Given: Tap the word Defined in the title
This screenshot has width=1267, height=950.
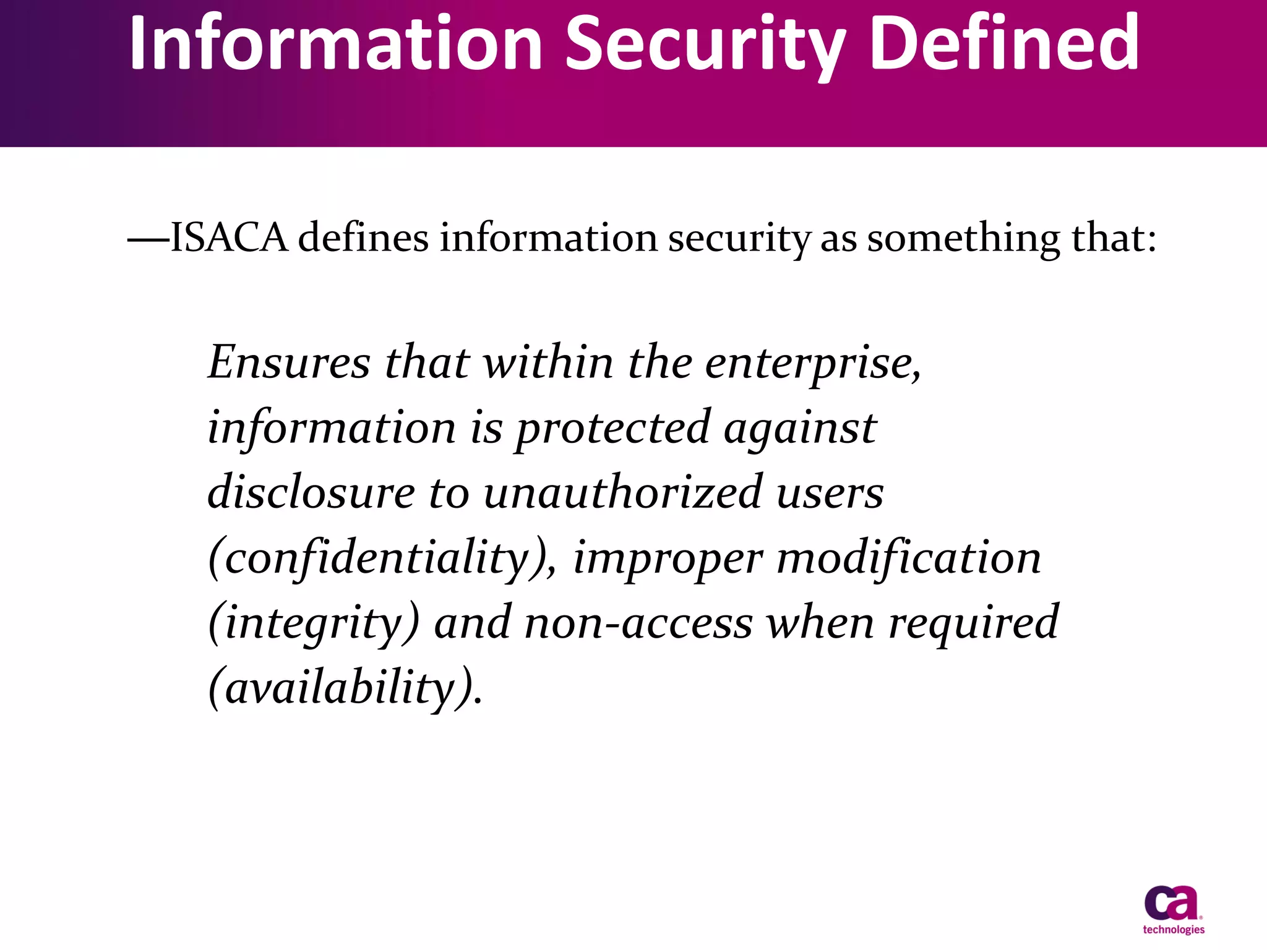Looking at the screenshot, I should pos(1003,43).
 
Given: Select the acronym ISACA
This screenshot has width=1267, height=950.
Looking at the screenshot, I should pos(229,237).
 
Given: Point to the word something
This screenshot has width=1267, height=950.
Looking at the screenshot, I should pos(963,239).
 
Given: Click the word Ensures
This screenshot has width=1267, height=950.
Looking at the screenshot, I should pos(289,362).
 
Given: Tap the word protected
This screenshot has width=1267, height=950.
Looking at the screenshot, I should pos(613,429).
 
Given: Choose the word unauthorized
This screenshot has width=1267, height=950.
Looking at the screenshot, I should pos(622,492).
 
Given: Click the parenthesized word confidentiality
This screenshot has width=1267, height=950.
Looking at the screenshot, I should pos(378,558).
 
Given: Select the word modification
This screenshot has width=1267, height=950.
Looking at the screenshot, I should pos(909,557).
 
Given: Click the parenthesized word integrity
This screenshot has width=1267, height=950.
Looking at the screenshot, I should pos(314,623).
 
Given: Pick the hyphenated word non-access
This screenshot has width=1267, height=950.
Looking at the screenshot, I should pos(638,623).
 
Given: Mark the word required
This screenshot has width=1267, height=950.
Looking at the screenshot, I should pos(974,623).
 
